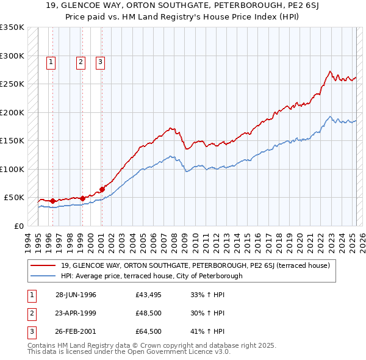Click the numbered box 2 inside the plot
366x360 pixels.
[x=81, y=61]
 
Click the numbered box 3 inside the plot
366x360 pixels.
[x=100, y=61]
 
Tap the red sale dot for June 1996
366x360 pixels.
[x=52, y=201]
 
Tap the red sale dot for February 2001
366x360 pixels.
[x=102, y=189]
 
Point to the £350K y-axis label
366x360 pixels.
[x=12, y=27]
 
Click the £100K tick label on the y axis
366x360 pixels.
[x=12, y=169]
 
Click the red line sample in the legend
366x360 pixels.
[x=44, y=265]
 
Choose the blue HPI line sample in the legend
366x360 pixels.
[x=44, y=276]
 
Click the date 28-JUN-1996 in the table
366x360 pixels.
[x=76, y=295]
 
